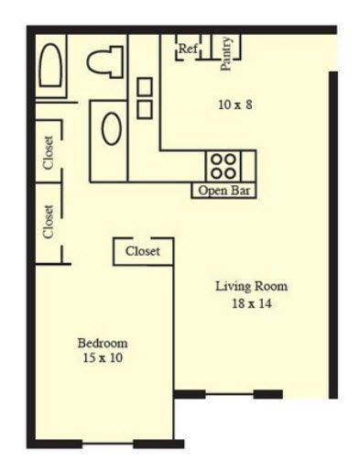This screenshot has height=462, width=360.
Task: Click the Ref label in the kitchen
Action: [188, 49]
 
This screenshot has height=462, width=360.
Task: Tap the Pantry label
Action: [226, 51]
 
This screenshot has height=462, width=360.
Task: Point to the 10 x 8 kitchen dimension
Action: [235, 104]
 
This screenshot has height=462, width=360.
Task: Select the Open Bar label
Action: [224, 191]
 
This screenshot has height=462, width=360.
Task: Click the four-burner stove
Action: [223, 165]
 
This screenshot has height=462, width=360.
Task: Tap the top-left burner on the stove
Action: [216, 159]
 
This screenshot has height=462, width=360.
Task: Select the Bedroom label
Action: [102, 343]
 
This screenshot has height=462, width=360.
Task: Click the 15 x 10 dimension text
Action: [102, 358]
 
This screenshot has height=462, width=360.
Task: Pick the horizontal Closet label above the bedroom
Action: [143, 250]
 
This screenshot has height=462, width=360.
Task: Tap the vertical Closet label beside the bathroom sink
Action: [49, 152]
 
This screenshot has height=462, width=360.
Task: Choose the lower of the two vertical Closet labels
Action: [49, 221]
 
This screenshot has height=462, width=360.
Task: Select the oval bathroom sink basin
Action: [111, 129]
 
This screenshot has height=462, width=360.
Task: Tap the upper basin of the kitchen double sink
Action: [145, 87]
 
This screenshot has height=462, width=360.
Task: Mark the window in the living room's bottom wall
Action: [228, 395]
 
